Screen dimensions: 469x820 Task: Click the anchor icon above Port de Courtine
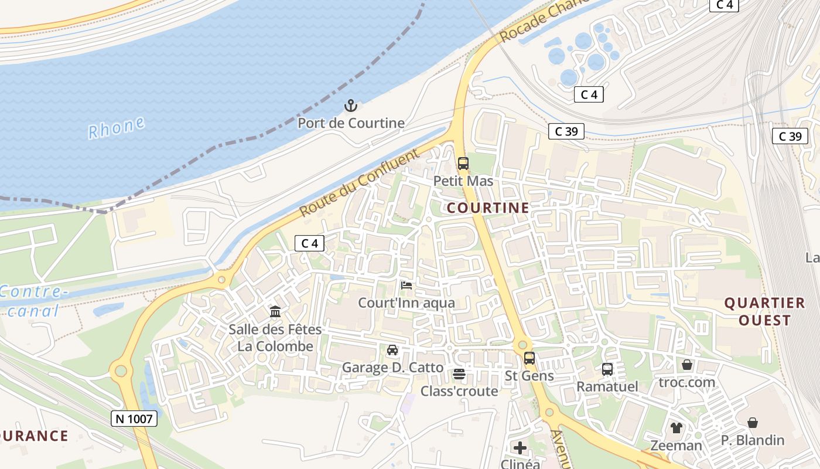tap(350, 106)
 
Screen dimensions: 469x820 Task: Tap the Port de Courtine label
tap(351, 123)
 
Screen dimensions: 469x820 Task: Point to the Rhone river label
tap(117, 128)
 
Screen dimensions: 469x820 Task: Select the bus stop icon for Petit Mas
tap(463, 163)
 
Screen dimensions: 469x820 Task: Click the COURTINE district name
tap(488, 208)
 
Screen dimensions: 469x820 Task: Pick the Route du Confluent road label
tap(360, 182)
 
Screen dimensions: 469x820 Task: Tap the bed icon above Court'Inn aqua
tap(406, 286)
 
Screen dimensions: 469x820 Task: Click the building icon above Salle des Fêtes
tap(275, 311)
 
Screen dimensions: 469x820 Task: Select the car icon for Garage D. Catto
tap(392, 350)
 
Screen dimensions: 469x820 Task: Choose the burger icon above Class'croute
tap(459, 373)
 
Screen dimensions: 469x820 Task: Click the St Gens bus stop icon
tap(529, 358)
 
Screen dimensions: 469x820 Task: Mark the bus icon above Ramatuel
tap(607, 369)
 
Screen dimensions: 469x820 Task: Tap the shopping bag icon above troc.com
tap(686, 365)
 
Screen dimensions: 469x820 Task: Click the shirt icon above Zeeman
tap(676, 428)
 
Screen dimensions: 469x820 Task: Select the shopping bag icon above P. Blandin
tap(753, 422)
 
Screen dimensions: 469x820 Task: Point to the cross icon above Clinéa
tap(520, 448)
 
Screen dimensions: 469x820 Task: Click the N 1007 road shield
tap(134, 419)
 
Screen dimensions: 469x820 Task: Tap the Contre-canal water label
tap(34, 301)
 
